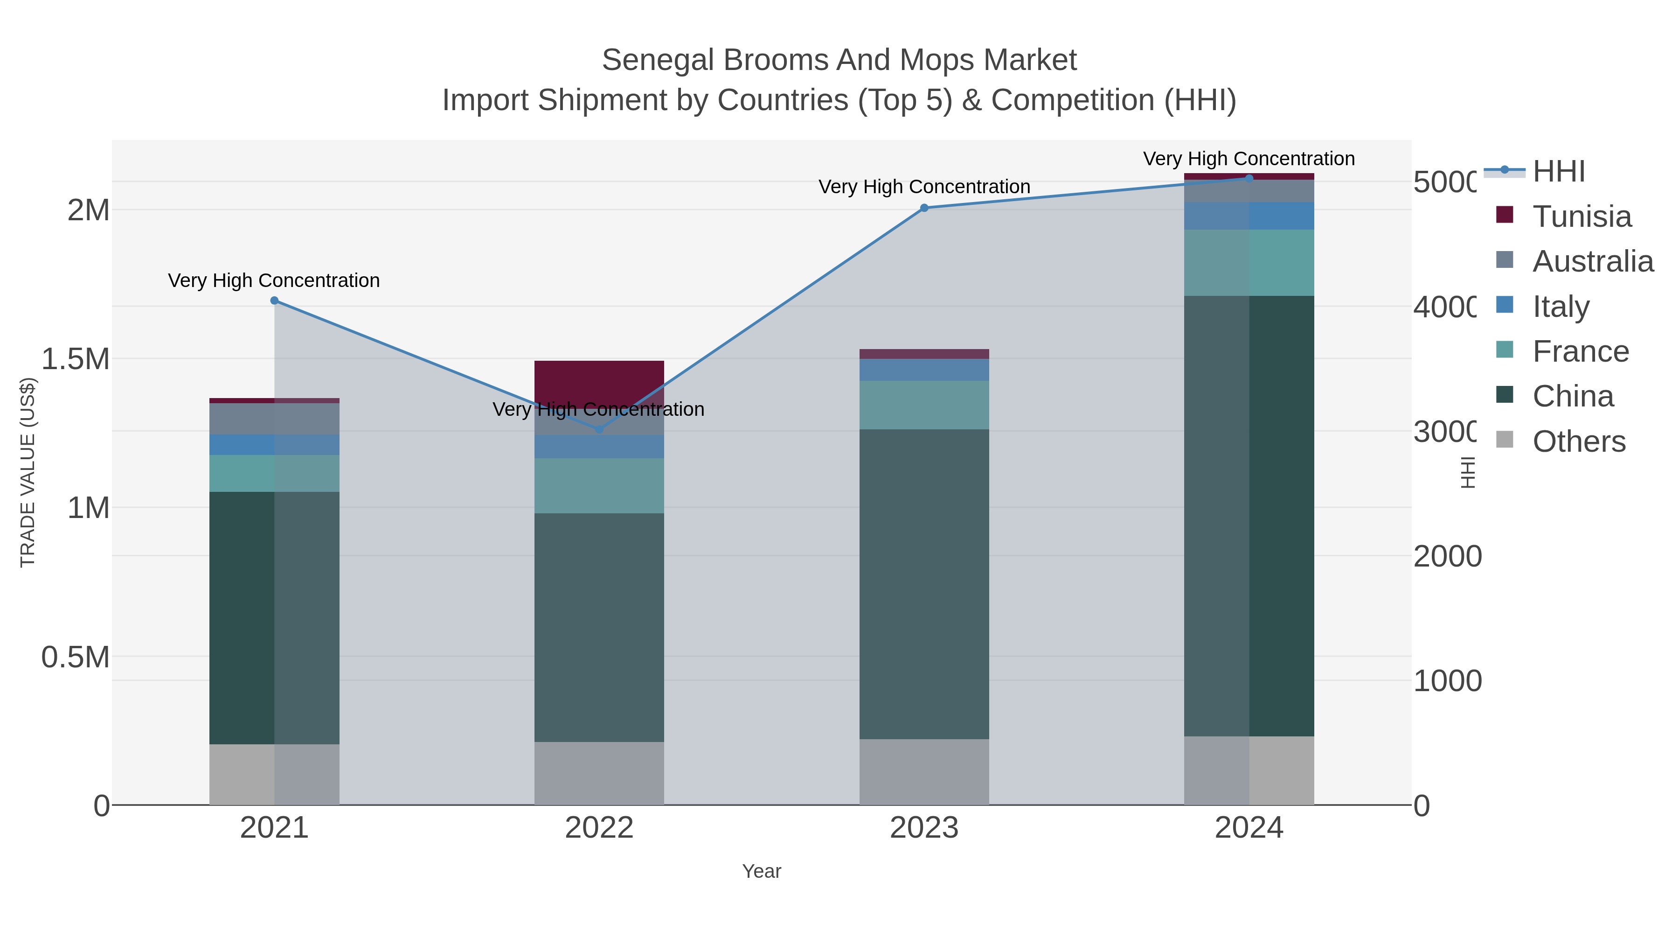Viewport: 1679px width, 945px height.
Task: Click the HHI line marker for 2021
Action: (x=274, y=301)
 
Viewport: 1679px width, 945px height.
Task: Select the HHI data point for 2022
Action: (x=599, y=430)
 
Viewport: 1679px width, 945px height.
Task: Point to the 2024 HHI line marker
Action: (x=1249, y=178)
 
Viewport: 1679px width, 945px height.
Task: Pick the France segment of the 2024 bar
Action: (x=1249, y=262)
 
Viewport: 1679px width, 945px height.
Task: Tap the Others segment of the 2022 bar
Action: (x=599, y=773)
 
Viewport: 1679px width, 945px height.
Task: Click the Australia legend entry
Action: (x=1592, y=261)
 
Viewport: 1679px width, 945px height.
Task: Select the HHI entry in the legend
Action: (x=1558, y=172)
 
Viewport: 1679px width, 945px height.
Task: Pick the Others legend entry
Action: (x=1579, y=441)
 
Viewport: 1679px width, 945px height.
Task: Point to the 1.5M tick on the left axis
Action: (x=76, y=359)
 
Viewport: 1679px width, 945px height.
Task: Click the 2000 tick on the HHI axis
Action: (x=1447, y=556)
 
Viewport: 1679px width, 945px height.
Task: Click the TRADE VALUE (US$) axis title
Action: (x=28, y=472)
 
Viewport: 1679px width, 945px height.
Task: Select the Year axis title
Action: (x=761, y=871)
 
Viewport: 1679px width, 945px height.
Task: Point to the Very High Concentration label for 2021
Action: (x=274, y=280)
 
